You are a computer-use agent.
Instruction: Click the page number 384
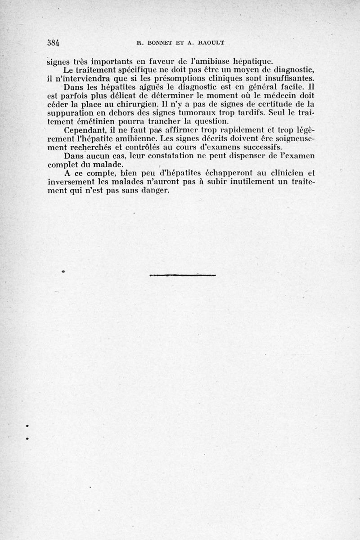(x=54, y=43)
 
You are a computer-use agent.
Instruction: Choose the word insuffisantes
(x=288, y=78)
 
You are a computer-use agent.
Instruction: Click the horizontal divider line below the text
(x=183, y=275)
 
